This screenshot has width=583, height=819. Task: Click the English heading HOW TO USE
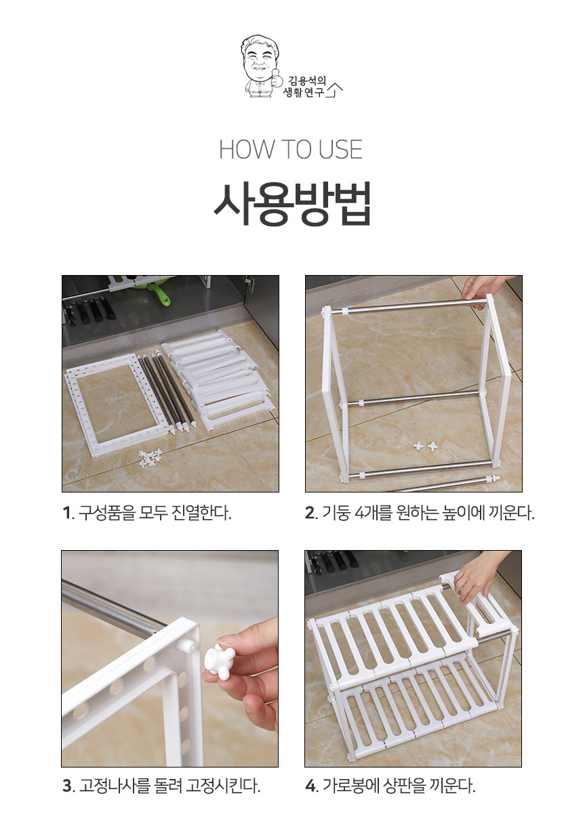tap(291, 150)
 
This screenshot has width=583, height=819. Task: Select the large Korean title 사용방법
tap(291, 204)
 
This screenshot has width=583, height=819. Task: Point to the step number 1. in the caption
tap(68, 513)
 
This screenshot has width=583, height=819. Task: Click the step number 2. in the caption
tap(312, 513)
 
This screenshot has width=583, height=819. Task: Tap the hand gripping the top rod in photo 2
tap(483, 287)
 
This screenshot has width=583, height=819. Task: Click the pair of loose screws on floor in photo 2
tap(426, 446)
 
